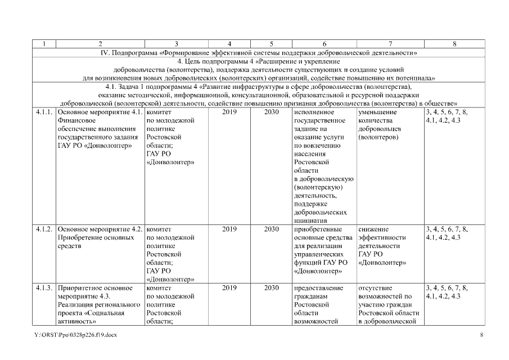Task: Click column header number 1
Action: pos(44,43)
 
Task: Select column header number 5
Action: pos(272,43)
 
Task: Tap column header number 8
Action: pos(454,43)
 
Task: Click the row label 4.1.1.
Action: pos(44,112)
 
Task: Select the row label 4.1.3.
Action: pos(44,288)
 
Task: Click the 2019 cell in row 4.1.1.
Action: pos(229,112)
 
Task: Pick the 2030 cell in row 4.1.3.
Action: pos(272,288)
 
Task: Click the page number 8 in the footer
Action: pos(481,335)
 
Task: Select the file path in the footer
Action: pos(75,335)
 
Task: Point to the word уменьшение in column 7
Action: pos(377,112)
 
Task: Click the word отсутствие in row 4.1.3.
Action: pos(376,288)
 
